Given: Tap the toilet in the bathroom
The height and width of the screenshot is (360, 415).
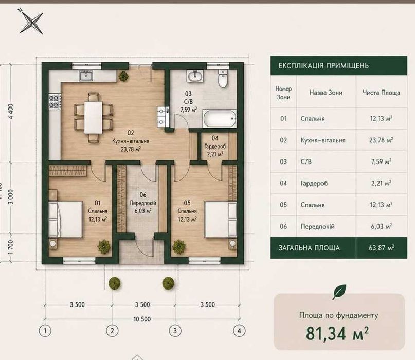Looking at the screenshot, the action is (223, 79).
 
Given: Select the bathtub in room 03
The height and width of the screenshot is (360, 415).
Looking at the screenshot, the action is (220, 118).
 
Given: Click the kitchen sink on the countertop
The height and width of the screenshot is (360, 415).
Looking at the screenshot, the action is (86, 76).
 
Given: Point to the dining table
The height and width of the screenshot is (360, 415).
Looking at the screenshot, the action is (93, 117).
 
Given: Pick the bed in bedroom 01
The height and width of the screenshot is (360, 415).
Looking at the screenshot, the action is (66, 219).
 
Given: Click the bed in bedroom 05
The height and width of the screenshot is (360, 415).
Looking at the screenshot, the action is (221, 219).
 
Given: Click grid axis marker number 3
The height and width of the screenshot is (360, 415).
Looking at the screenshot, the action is (175, 331).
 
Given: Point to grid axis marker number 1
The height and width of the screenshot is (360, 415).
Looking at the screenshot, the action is (45, 331).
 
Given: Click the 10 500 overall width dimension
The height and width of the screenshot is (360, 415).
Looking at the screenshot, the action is (142, 319).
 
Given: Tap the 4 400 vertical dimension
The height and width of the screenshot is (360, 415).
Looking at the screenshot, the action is (11, 111).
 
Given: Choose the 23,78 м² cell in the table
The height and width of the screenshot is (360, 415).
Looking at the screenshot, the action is (381, 140).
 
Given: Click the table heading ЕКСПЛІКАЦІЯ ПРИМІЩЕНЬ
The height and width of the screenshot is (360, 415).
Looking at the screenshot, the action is (323, 65).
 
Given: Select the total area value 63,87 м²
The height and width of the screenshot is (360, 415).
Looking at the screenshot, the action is (382, 248).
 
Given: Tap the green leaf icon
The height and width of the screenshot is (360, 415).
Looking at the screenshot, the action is (339, 292).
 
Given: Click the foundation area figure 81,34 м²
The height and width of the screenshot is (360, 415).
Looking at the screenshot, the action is (337, 333).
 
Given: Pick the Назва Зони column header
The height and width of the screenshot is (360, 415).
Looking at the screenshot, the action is (326, 93).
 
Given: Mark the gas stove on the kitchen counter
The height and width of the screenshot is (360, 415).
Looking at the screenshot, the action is (55, 102).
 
